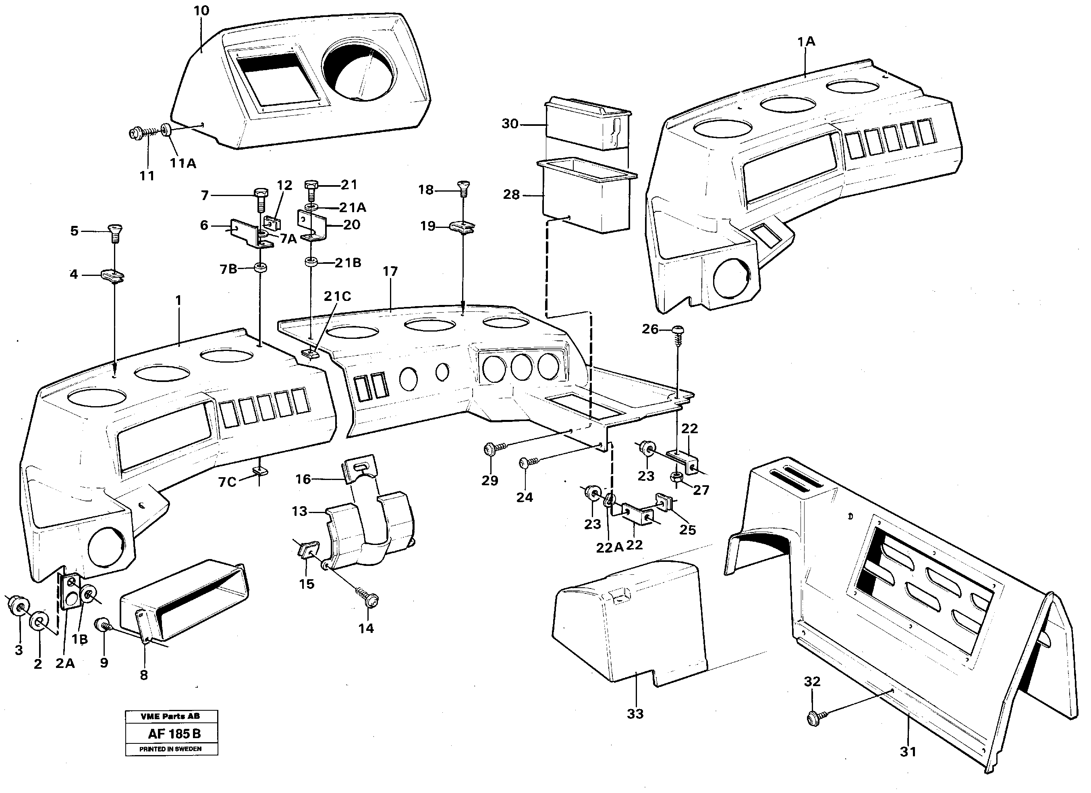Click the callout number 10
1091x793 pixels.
201,10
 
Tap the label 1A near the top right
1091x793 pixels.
806,42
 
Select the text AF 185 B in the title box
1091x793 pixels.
174,734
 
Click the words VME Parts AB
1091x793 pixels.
170,716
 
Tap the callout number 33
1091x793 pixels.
635,714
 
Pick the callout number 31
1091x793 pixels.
908,751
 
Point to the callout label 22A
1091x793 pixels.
610,547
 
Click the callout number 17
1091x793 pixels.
390,271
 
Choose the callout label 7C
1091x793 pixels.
228,482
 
